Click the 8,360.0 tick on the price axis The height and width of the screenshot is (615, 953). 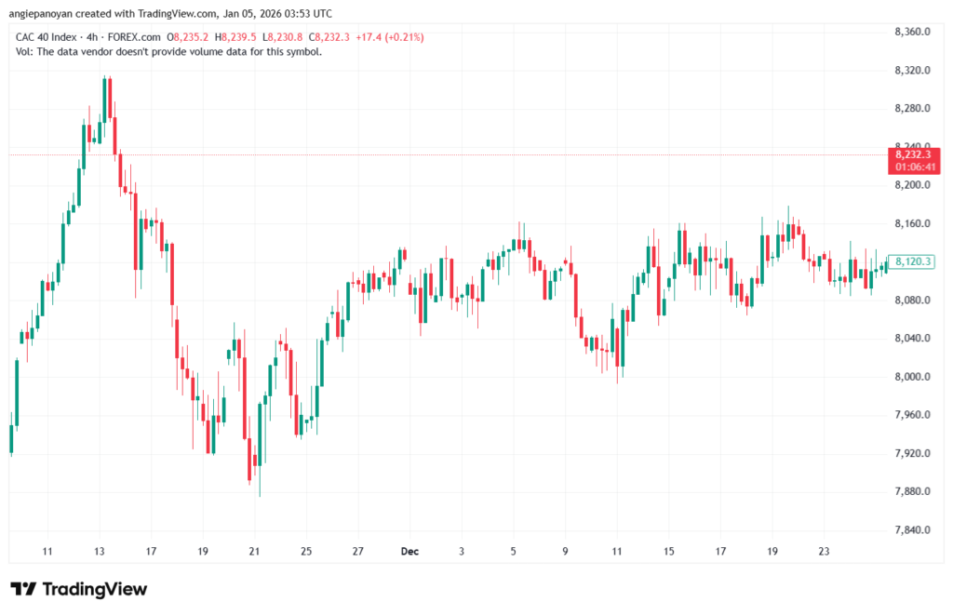tap(912, 32)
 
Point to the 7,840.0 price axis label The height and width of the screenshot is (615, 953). tap(912, 530)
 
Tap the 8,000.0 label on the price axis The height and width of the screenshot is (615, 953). tap(912, 377)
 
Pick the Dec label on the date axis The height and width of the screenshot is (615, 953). tap(409, 552)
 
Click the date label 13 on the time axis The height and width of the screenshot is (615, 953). tap(100, 552)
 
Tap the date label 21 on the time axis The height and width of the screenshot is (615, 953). tap(254, 552)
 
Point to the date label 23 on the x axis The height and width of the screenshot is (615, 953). tap(824, 552)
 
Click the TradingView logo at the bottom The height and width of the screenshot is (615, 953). tap(79, 589)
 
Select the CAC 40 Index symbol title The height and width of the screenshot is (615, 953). tap(47, 37)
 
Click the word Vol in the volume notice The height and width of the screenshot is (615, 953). tap(24, 51)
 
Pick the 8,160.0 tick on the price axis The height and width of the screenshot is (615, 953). tap(912, 223)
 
